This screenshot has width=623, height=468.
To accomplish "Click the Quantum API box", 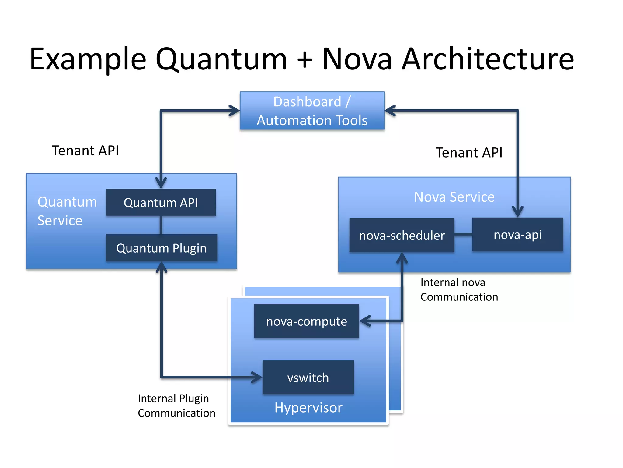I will click(161, 202).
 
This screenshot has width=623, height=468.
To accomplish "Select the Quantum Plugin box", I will click(161, 248).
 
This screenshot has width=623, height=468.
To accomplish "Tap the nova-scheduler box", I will click(402, 235).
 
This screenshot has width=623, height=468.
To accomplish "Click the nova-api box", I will click(517, 235).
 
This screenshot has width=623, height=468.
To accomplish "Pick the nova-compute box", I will click(306, 321).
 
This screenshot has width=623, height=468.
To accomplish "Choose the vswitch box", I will click(308, 378).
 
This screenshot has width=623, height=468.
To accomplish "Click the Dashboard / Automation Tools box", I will click(312, 111).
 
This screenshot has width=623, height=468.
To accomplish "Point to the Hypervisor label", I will click(308, 407).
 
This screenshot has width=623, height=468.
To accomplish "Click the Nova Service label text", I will click(454, 197).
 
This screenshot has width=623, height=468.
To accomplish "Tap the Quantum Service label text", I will click(67, 211).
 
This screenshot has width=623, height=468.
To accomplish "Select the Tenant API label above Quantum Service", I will click(85, 151).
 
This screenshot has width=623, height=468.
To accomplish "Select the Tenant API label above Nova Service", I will click(469, 152).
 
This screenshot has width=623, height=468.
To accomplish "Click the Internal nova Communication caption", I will click(459, 289).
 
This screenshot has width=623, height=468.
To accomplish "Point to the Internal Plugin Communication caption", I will click(176, 406).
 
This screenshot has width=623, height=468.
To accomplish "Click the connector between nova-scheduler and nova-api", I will click(463, 234).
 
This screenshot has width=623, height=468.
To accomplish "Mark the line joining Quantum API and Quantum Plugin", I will click(161, 225).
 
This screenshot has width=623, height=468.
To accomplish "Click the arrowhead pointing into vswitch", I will click(256, 377).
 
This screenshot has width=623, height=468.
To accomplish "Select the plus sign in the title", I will click(305, 60).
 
